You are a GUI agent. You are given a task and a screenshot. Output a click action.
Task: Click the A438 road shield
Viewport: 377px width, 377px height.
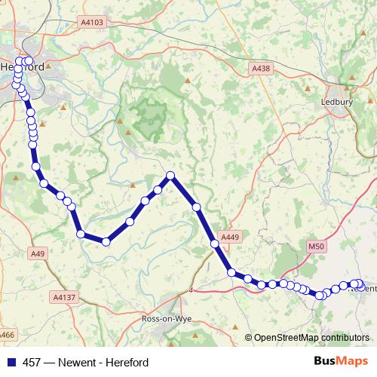coord(260,69)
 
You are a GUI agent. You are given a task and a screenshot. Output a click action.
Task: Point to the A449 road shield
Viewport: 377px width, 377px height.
coord(230,238)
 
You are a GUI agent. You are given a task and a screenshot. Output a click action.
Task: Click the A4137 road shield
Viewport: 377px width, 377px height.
coord(65,298)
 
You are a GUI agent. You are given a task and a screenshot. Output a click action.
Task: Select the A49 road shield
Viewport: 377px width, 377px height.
coord(38,253)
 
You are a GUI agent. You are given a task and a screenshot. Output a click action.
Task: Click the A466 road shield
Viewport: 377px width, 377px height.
coord(6,334)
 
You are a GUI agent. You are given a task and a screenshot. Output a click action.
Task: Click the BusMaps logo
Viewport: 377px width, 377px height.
coord(340,361)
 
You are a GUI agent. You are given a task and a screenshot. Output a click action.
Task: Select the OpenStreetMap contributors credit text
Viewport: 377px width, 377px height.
coord(311,337)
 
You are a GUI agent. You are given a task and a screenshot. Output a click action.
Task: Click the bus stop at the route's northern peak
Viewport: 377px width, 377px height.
coord(170,176)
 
